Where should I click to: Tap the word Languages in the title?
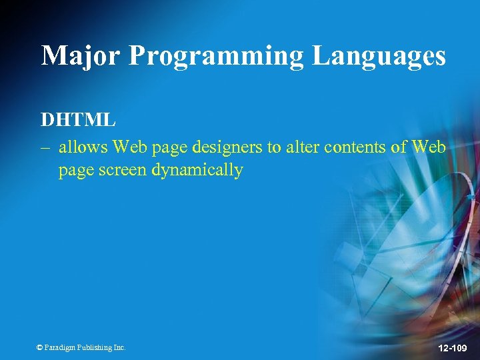pyautogui.click(x=379, y=55)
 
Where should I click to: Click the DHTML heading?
pyautogui.click(x=78, y=120)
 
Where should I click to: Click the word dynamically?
pyautogui.click(x=198, y=170)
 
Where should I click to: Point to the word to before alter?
pyautogui.click(x=274, y=147)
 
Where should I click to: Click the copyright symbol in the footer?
pyautogui.click(x=39, y=347)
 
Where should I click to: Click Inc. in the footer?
pyautogui.click(x=119, y=347)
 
